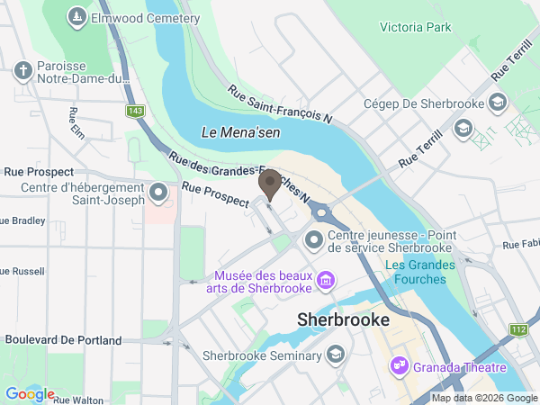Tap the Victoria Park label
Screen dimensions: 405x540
415,28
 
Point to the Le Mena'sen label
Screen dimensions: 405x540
239,132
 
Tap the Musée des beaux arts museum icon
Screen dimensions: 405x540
325,283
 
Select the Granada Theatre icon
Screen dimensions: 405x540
399,366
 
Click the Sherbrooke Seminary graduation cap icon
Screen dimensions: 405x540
336,355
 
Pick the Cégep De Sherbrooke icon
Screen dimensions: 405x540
498,103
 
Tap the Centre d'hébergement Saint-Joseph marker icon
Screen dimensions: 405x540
159,193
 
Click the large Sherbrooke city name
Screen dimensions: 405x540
344,319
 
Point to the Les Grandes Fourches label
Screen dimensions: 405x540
415,272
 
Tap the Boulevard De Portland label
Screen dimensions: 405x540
63,340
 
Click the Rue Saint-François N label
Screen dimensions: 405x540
280,105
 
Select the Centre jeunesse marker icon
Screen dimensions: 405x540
314,240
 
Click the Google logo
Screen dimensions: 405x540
30,394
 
